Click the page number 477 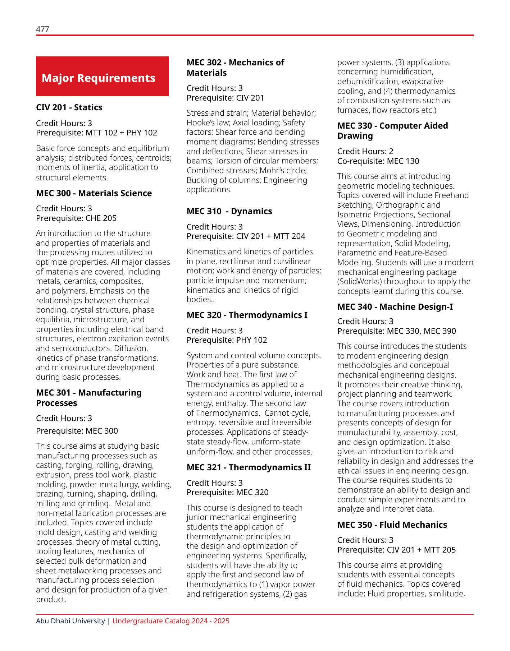coord(42,29)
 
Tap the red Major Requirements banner coord(102,76)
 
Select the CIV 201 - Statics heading coord(69,107)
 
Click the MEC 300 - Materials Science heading coord(94,193)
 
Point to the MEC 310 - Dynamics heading coord(229,211)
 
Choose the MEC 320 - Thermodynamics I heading coord(247,315)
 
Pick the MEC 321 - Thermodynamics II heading coord(249,467)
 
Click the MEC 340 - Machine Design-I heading coord(395,307)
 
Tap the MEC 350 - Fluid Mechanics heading coord(392,525)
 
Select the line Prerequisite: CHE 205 coord(76,218)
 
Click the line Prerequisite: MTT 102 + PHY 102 coord(96,133)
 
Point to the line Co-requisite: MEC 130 coord(378,161)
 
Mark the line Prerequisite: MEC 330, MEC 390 coord(396,331)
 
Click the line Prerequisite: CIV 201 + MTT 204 coord(246,236)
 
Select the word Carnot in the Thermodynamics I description coord(277,413)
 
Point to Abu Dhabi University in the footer coord(70,621)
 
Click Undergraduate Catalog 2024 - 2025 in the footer coord(171,621)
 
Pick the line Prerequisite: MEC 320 coord(227,492)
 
